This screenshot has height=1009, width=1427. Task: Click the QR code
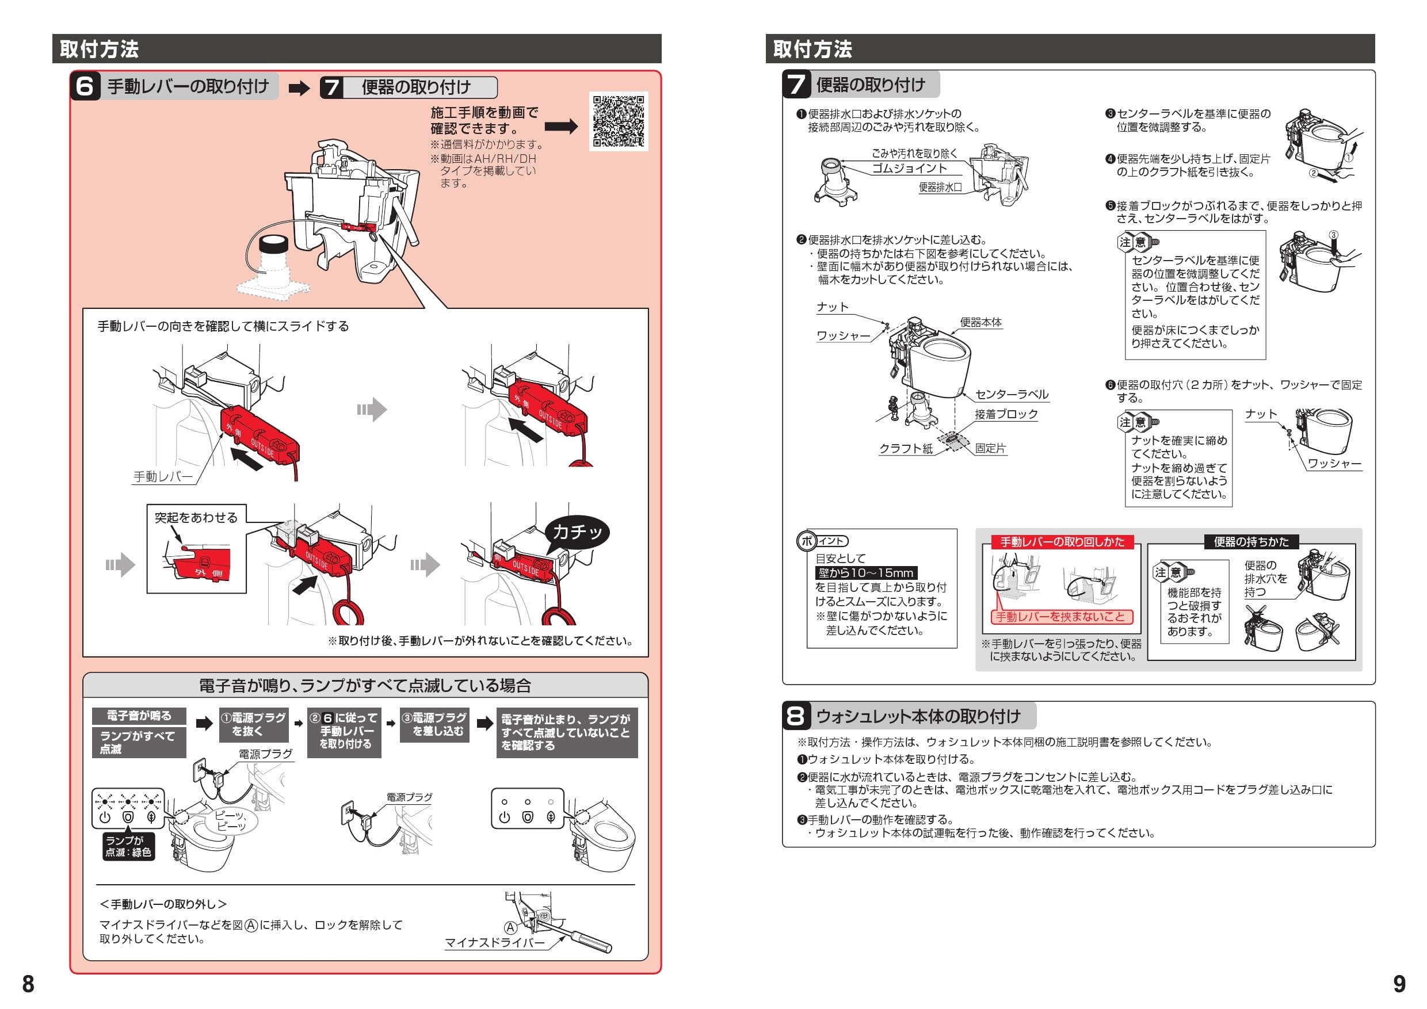click(x=618, y=121)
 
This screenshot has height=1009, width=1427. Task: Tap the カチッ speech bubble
click(x=577, y=532)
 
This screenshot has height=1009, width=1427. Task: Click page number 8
click(x=28, y=984)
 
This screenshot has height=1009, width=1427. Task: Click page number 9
click(x=1399, y=984)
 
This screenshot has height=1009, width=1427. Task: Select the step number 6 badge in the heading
click(x=85, y=86)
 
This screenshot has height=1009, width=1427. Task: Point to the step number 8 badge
click(x=796, y=716)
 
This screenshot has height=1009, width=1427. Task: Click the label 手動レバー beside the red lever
click(x=163, y=476)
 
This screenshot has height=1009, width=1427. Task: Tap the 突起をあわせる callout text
click(x=196, y=518)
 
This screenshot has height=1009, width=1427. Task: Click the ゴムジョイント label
click(x=909, y=169)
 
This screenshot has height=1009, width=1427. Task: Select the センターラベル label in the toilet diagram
click(x=1012, y=395)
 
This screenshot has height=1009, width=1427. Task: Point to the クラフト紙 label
click(x=906, y=449)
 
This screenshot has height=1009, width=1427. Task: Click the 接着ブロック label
click(x=1006, y=414)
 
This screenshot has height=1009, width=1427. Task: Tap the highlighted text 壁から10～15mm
click(x=866, y=573)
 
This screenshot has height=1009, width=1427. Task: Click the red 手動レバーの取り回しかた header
click(x=1062, y=542)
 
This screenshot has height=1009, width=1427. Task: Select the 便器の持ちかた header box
click(x=1251, y=542)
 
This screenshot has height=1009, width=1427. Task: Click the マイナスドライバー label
click(x=495, y=942)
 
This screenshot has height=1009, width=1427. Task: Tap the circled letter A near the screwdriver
click(x=510, y=928)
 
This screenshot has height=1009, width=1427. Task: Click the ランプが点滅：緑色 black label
click(x=128, y=846)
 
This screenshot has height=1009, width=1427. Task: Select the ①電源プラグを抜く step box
click(x=254, y=724)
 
